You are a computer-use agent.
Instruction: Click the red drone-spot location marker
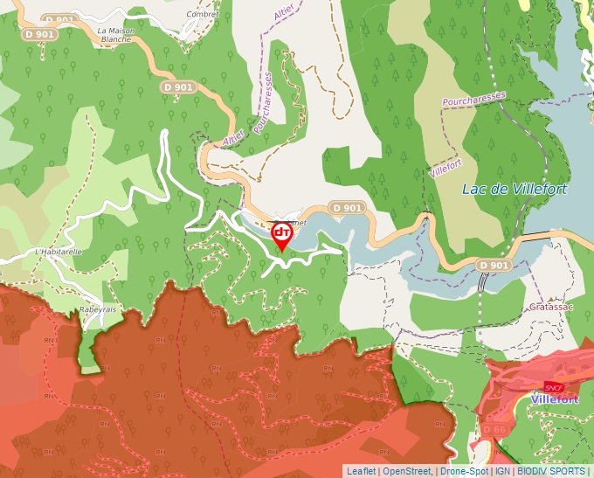coord(282,235)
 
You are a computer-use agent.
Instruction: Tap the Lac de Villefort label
coord(514,189)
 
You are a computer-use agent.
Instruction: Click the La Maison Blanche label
coord(115,34)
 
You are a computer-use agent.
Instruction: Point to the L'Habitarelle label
coord(58,252)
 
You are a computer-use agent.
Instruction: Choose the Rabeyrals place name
coord(97,309)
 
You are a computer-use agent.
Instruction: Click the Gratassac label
coord(550,308)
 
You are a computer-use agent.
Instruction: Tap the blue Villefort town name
coord(554,399)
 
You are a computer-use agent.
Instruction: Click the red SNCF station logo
coord(554,386)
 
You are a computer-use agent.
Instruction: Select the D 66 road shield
coord(494,431)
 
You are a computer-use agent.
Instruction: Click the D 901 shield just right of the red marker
coord(347,208)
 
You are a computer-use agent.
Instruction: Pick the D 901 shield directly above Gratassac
coord(493,265)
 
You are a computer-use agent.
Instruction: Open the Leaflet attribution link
coord(361,471)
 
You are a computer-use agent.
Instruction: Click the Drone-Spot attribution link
coord(464,471)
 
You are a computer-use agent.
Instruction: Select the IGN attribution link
coord(502,471)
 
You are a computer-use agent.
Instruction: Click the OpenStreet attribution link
coord(407,471)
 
